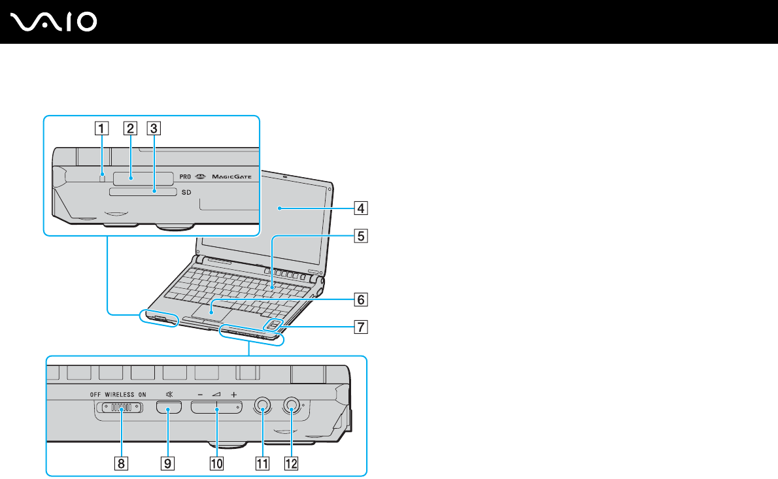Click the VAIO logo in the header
(54, 22)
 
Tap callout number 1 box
(100, 128)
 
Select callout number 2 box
(131, 128)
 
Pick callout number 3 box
(154, 128)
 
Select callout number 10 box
(216, 463)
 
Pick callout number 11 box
(262, 463)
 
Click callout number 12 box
(290, 463)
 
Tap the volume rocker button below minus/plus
(216, 408)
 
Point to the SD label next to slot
(186, 193)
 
